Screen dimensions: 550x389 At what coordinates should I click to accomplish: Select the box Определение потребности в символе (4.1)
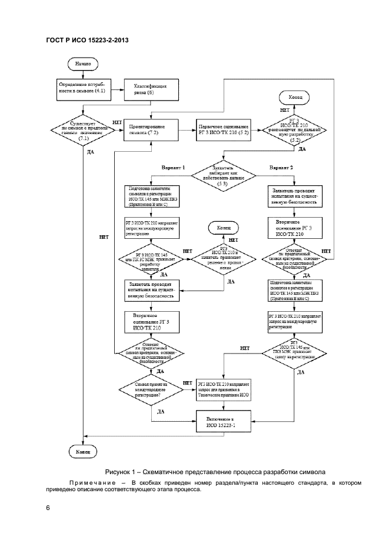(x=80, y=89)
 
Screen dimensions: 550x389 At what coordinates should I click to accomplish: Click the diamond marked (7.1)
(x=82, y=129)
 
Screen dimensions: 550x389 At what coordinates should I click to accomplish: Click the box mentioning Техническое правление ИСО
(x=224, y=389)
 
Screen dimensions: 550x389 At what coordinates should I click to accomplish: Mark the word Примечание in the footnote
(x=96, y=483)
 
